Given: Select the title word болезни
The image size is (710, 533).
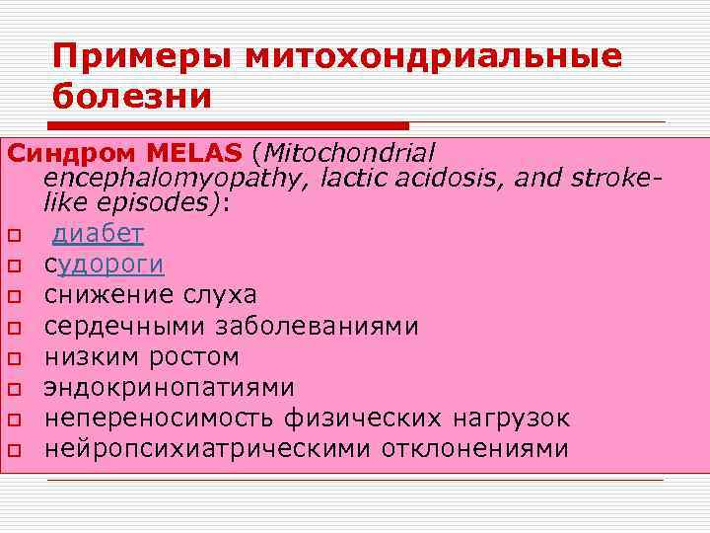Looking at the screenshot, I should (133, 97).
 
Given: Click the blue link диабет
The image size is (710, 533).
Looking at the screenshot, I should (98, 234).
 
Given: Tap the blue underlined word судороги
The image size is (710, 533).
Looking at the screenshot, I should (105, 265).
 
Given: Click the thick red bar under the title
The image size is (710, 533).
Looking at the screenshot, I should (227, 126).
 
